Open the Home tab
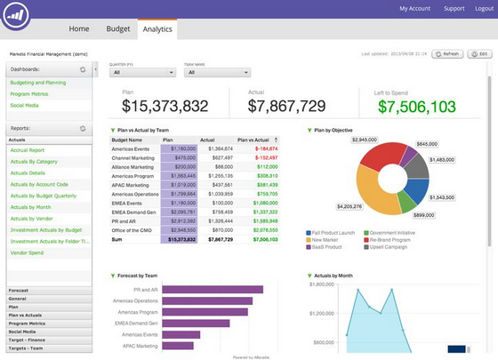click(x=78, y=28)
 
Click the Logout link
click(x=486, y=8)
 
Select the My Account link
click(x=414, y=8)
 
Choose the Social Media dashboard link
click(x=24, y=104)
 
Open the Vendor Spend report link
click(x=28, y=252)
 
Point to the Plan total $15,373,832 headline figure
click(x=165, y=107)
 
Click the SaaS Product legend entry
click(x=330, y=246)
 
